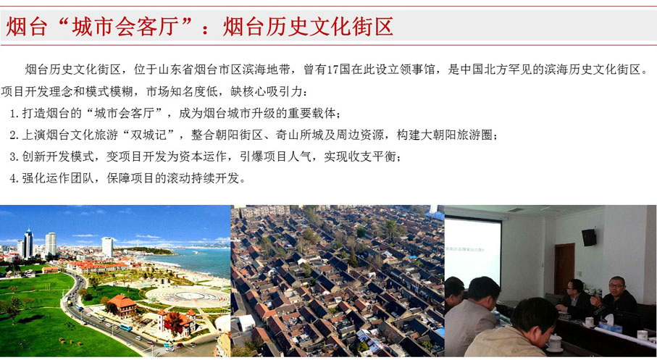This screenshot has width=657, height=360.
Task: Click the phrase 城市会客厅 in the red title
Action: click(x=125, y=27)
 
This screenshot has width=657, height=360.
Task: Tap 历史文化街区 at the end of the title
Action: click(x=330, y=27)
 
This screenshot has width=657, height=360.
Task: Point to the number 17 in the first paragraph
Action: click(x=332, y=70)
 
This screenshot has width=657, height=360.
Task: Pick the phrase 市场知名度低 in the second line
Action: click(x=182, y=91)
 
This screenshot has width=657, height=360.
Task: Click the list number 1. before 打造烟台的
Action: click(x=14, y=113)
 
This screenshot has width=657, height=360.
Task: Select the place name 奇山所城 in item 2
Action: click(x=299, y=135)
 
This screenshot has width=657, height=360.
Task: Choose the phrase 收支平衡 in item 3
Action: click(x=372, y=156)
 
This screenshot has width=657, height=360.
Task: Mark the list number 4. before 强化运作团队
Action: click(x=14, y=178)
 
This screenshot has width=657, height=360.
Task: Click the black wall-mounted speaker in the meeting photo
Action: click(x=589, y=238)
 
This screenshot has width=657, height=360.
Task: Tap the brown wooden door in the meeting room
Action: click(x=564, y=268)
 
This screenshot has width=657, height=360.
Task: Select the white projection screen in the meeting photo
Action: click(x=472, y=251)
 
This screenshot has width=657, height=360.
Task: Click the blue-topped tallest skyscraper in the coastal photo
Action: click(x=28, y=243)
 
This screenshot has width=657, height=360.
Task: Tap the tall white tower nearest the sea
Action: click(x=107, y=247)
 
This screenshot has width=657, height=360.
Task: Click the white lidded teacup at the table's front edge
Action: click(x=555, y=342)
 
